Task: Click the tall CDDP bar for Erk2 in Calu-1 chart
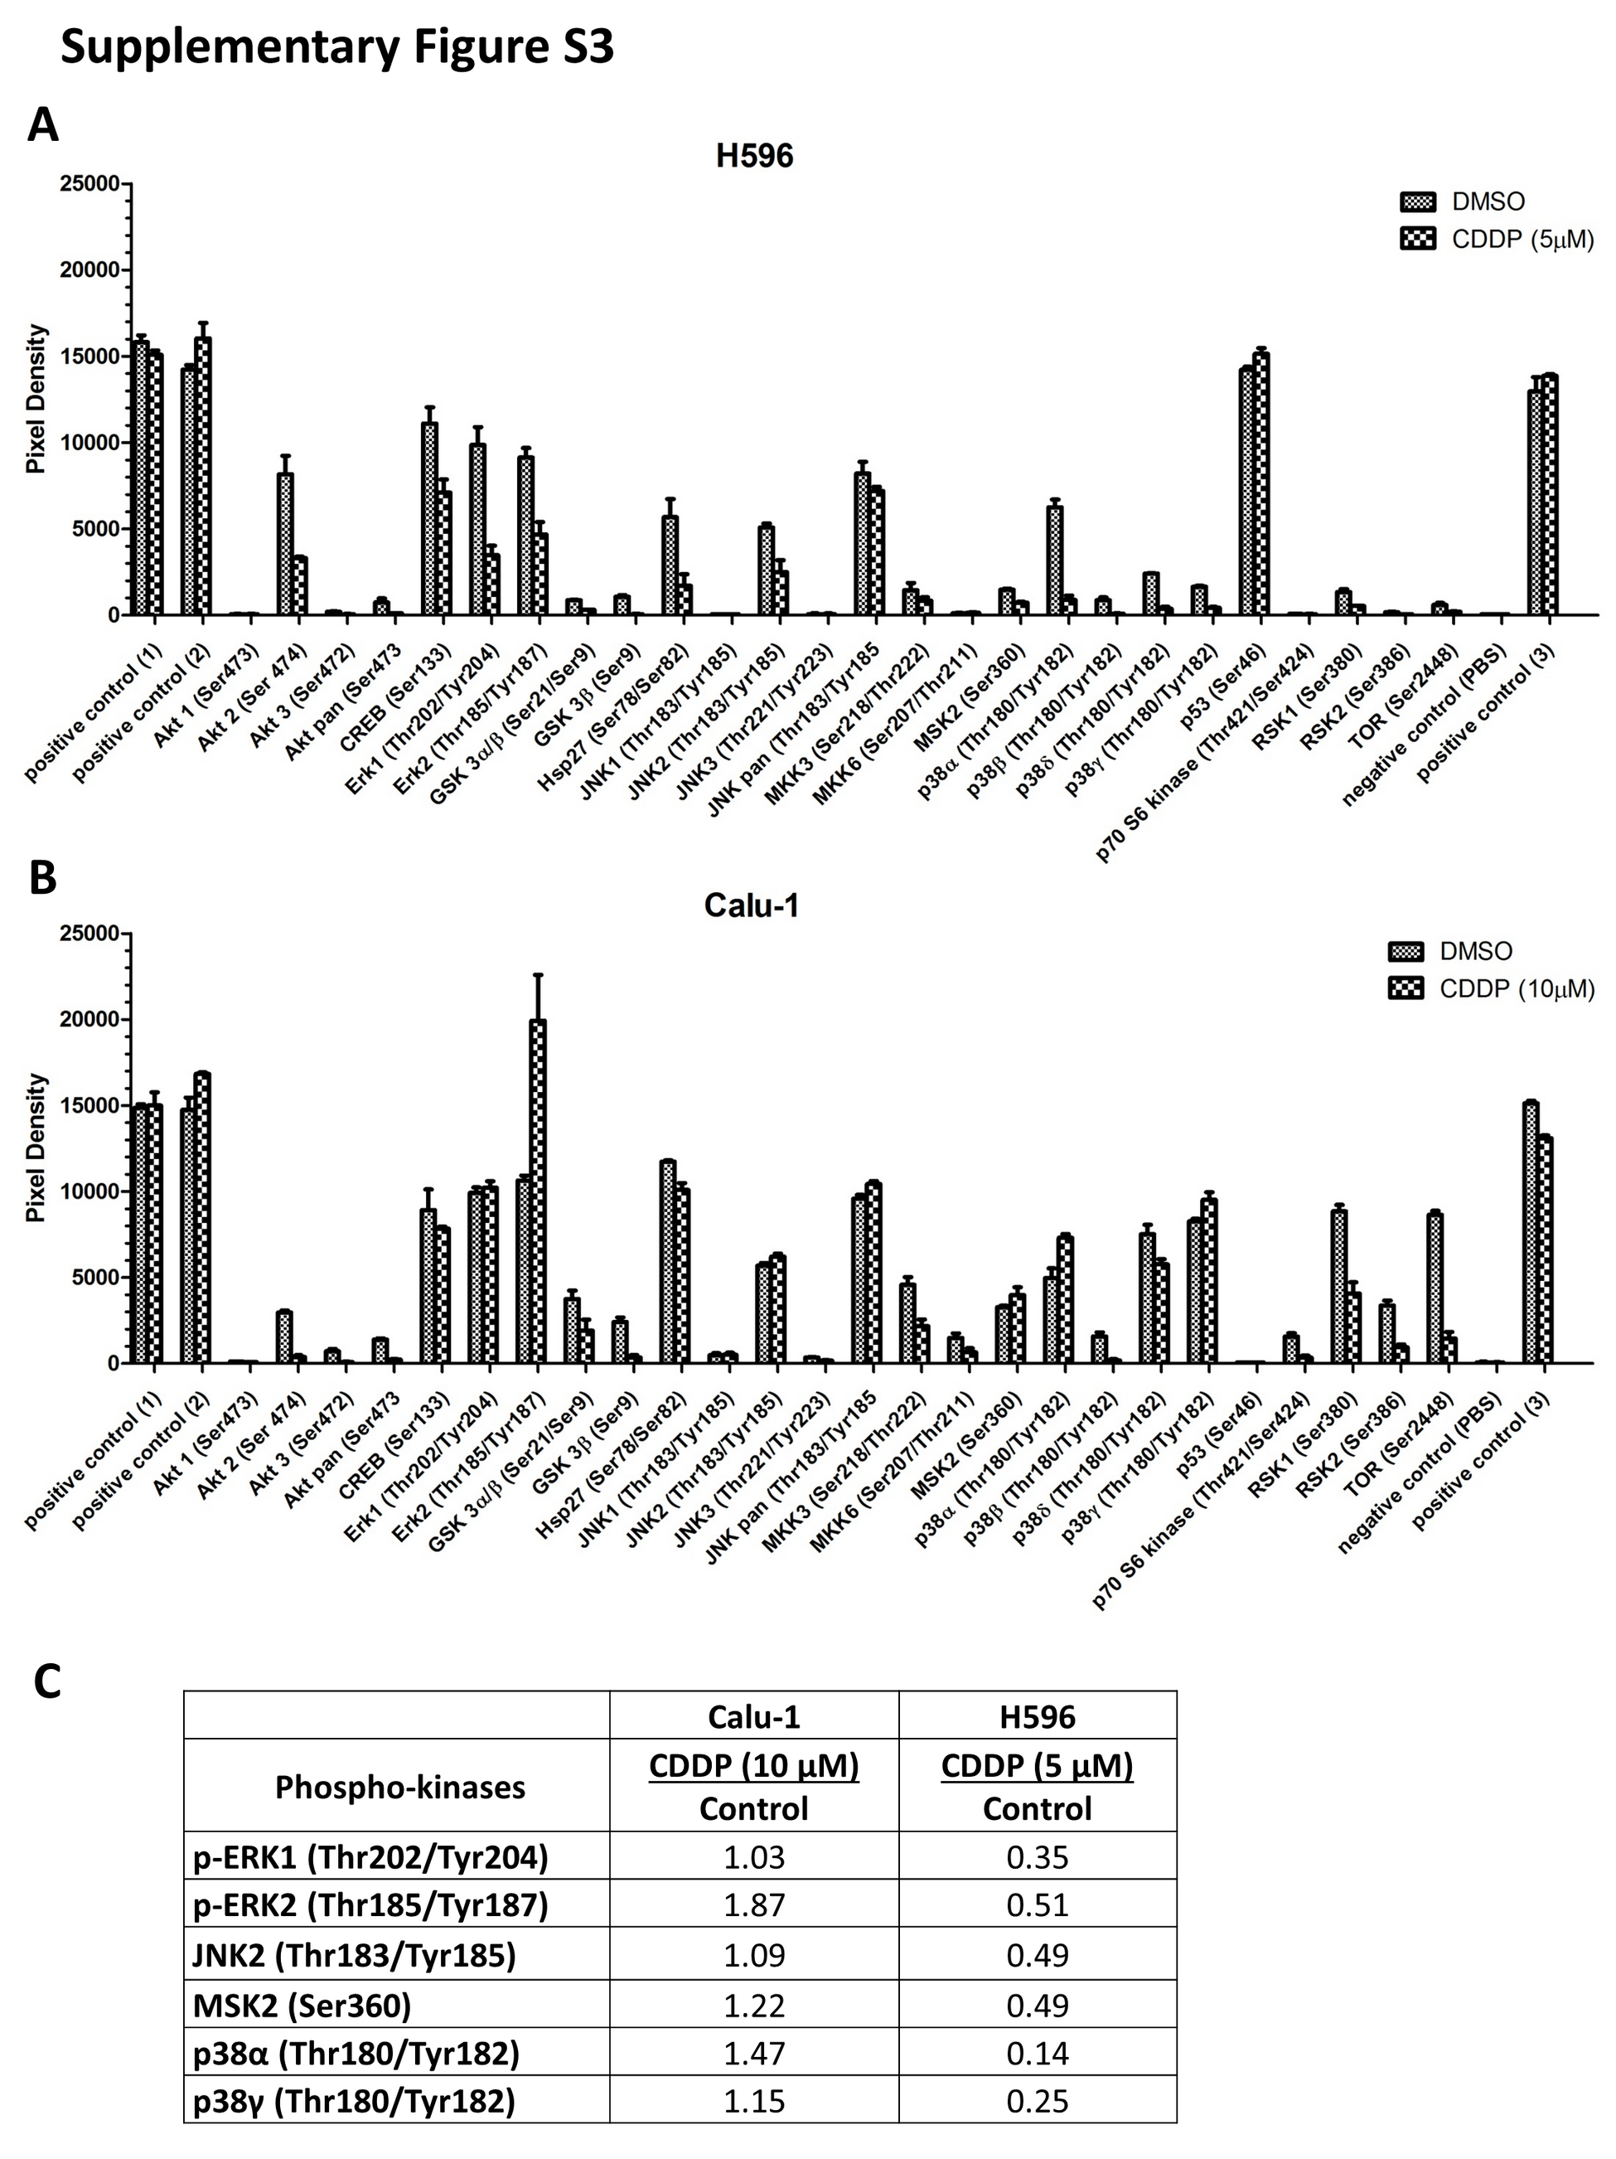[538, 1191]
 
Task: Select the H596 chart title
[753, 156]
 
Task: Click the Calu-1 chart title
[752, 905]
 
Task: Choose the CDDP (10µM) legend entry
[1490, 989]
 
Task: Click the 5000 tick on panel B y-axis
[94, 1278]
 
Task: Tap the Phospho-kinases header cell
[399, 1787]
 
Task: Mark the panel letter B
[43, 877]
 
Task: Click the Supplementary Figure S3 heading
[336, 47]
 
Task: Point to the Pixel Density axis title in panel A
[36, 399]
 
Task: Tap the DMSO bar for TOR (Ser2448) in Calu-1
[1434, 1288]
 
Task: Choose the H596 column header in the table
[1037, 1717]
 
